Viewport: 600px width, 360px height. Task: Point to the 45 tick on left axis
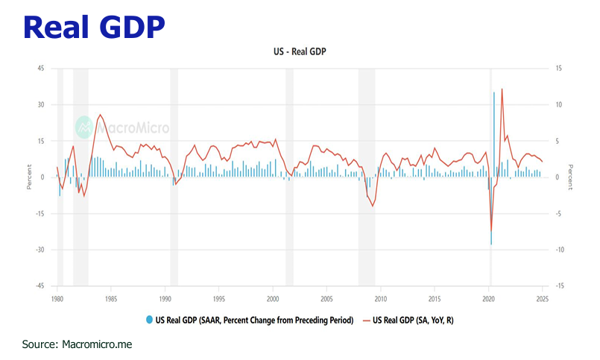pos(41,69)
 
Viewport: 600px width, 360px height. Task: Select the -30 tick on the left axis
pos(40,250)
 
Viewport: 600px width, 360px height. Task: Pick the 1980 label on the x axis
pos(57,299)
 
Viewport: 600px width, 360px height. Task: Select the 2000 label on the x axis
pos(273,299)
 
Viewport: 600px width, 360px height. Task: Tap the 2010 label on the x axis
pos(380,299)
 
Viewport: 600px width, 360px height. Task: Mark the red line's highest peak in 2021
pos(502,89)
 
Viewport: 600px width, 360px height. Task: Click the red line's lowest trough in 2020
pos(491,232)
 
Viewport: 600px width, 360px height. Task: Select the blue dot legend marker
pos(150,320)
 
